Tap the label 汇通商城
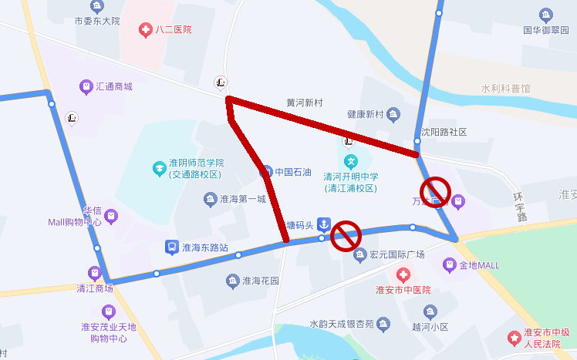(x=113, y=86)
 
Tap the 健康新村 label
(x=365, y=115)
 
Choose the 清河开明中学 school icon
(x=352, y=162)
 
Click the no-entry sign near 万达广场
(x=435, y=190)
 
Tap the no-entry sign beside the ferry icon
(x=346, y=233)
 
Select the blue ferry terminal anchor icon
(x=325, y=224)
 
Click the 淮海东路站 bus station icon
(x=170, y=247)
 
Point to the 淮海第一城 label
(x=243, y=200)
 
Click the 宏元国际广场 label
(x=397, y=254)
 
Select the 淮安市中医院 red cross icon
(x=403, y=275)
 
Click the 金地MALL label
(x=479, y=266)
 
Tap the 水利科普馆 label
(x=505, y=89)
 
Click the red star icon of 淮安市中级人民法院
(x=514, y=338)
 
